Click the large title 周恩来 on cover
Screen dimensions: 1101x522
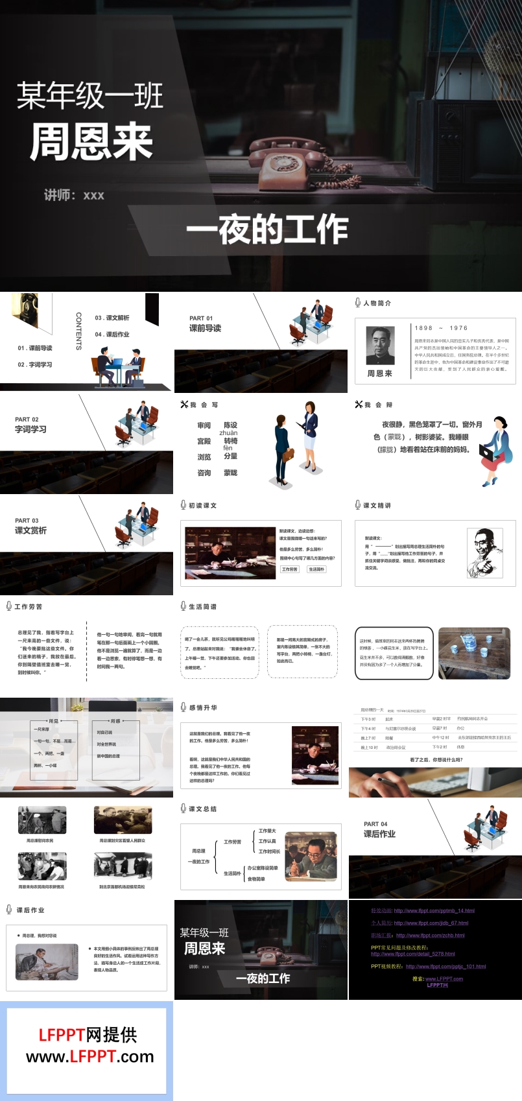[91, 143]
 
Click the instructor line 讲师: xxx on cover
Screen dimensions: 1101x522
[74, 195]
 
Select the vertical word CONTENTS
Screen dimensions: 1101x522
[79, 331]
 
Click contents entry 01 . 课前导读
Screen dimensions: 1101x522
[35, 348]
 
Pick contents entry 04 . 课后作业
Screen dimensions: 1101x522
[112, 335]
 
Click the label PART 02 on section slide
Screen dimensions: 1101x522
[27, 420]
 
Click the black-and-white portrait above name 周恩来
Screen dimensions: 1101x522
[380, 346]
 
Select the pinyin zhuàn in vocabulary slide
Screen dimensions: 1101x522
[228, 433]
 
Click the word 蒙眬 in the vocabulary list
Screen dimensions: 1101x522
[230, 473]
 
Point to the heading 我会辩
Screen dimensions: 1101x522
[378, 405]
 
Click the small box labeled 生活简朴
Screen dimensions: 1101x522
[316, 569]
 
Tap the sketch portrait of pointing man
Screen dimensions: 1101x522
[484, 553]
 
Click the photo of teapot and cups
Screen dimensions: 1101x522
[474, 653]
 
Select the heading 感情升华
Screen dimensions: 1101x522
[203, 707]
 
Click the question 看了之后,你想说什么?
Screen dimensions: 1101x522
[436, 759]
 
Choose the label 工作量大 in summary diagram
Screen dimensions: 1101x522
[267, 831]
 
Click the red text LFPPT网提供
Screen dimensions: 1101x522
[88, 1035]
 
